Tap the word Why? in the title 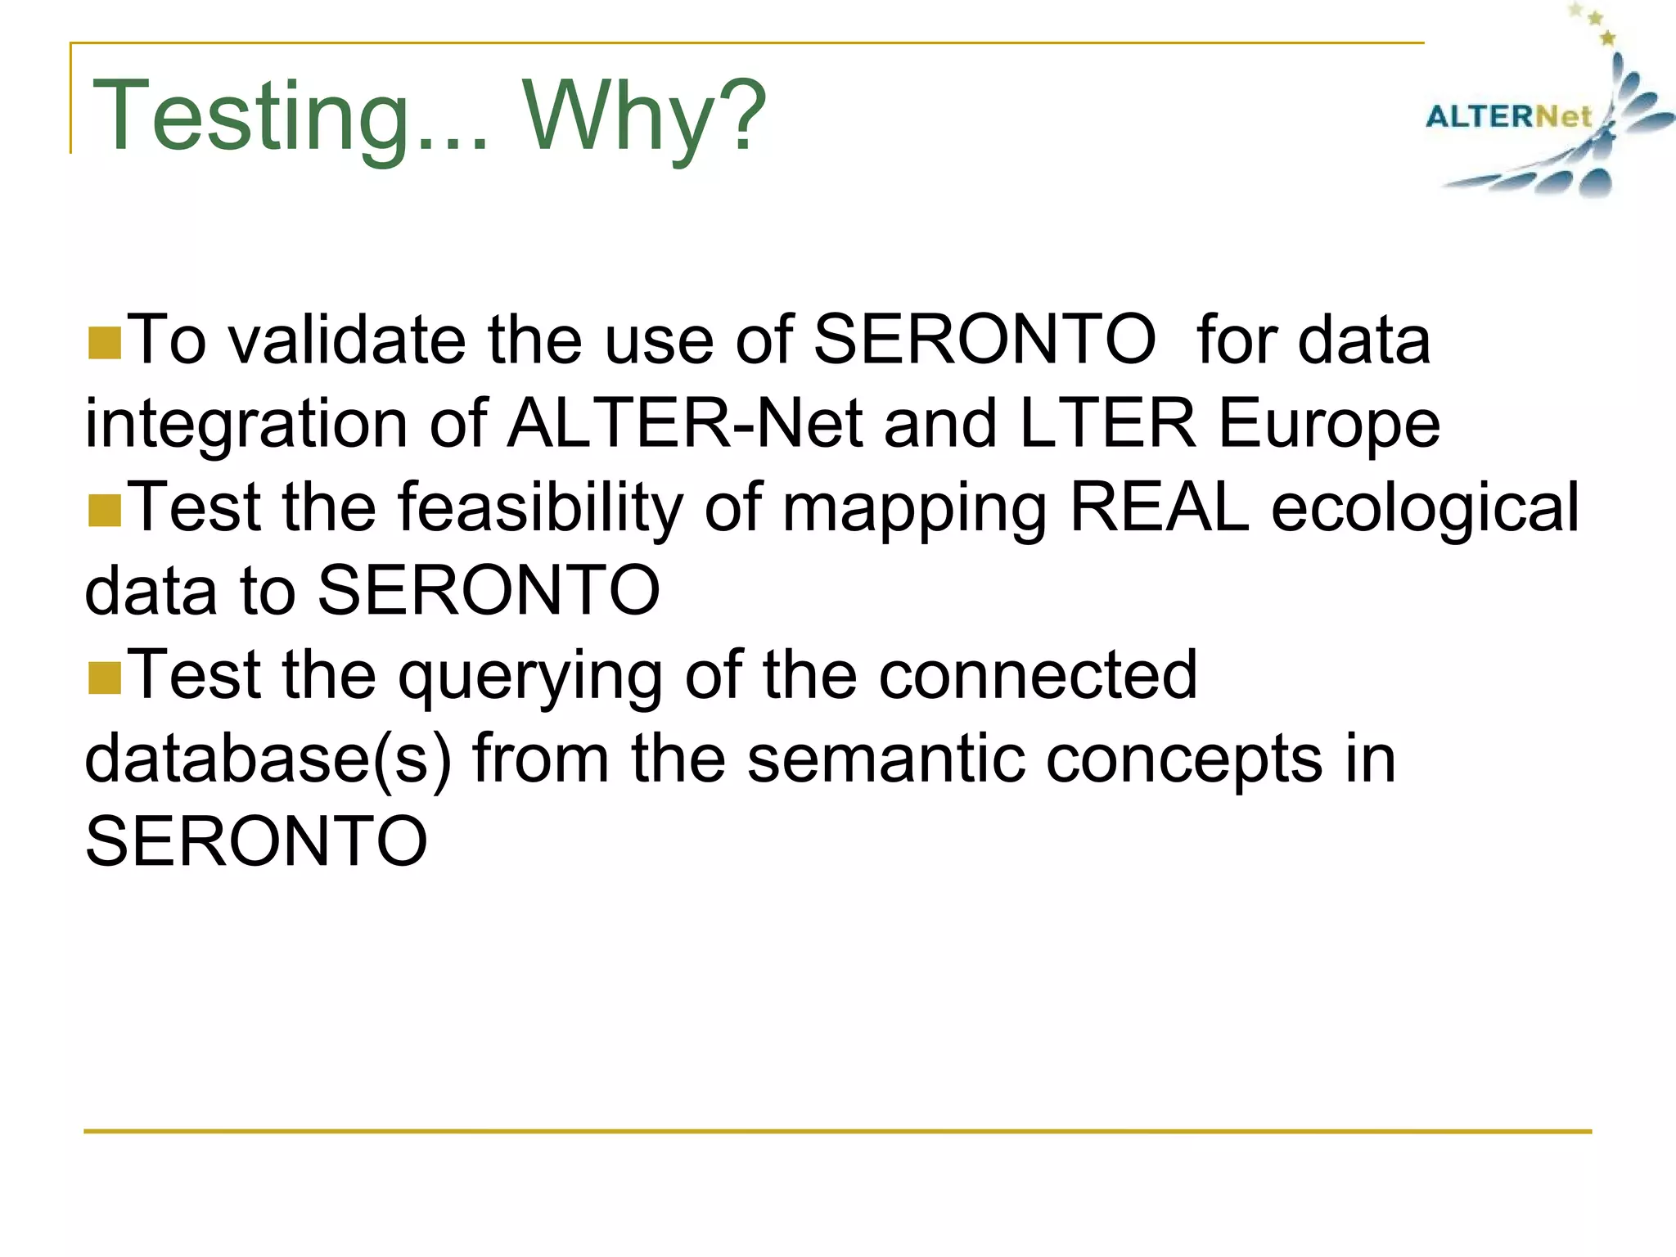point(645,116)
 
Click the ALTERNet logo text point(1507,116)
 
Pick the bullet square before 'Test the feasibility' point(104,510)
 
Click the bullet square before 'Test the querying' point(104,678)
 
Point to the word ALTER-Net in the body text point(685,423)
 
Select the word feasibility point(540,508)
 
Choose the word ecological point(1425,508)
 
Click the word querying point(530,676)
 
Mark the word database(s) point(268,759)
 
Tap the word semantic point(885,759)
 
